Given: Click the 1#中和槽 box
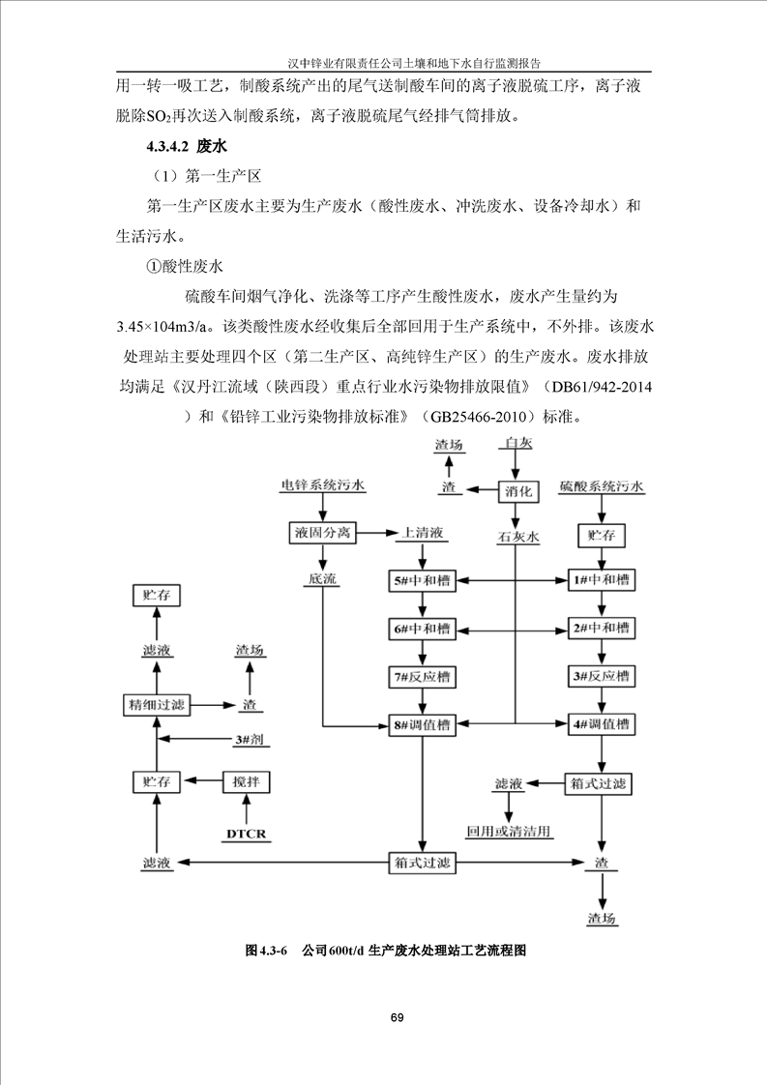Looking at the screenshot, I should point(601,581).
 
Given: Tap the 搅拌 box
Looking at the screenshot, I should point(248,780).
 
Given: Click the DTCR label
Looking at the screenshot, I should point(247,833).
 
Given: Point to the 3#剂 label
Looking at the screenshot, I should point(249,740).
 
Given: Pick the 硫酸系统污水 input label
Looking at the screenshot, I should point(601,485).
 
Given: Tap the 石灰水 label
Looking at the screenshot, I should point(518,535).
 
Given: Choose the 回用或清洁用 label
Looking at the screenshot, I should point(509,831).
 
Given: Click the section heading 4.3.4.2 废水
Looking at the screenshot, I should point(185,147).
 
